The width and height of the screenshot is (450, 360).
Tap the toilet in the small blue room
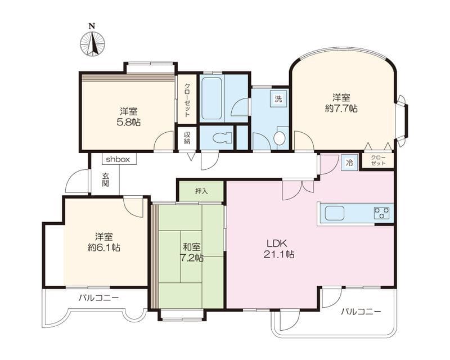click(223, 138)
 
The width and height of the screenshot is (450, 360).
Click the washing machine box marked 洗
click(278, 99)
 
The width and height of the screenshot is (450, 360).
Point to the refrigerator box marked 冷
click(349, 163)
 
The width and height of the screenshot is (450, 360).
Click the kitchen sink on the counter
click(334, 213)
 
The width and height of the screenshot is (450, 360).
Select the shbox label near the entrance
click(118, 160)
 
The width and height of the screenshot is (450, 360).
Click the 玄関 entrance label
click(105, 179)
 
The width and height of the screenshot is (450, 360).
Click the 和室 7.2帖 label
click(192, 252)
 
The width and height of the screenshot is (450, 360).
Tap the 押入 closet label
click(201, 191)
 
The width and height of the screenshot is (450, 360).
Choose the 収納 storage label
click(187, 138)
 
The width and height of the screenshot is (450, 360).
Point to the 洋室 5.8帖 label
click(129, 116)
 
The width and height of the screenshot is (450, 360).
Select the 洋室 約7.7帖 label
click(341, 103)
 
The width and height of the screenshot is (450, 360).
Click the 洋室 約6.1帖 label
click(104, 242)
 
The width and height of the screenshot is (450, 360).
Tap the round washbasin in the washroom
click(279, 138)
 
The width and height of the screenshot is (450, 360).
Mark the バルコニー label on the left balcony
click(99, 298)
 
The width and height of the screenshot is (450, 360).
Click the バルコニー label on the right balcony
click(361, 312)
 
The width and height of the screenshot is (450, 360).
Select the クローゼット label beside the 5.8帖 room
click(187, 100)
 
